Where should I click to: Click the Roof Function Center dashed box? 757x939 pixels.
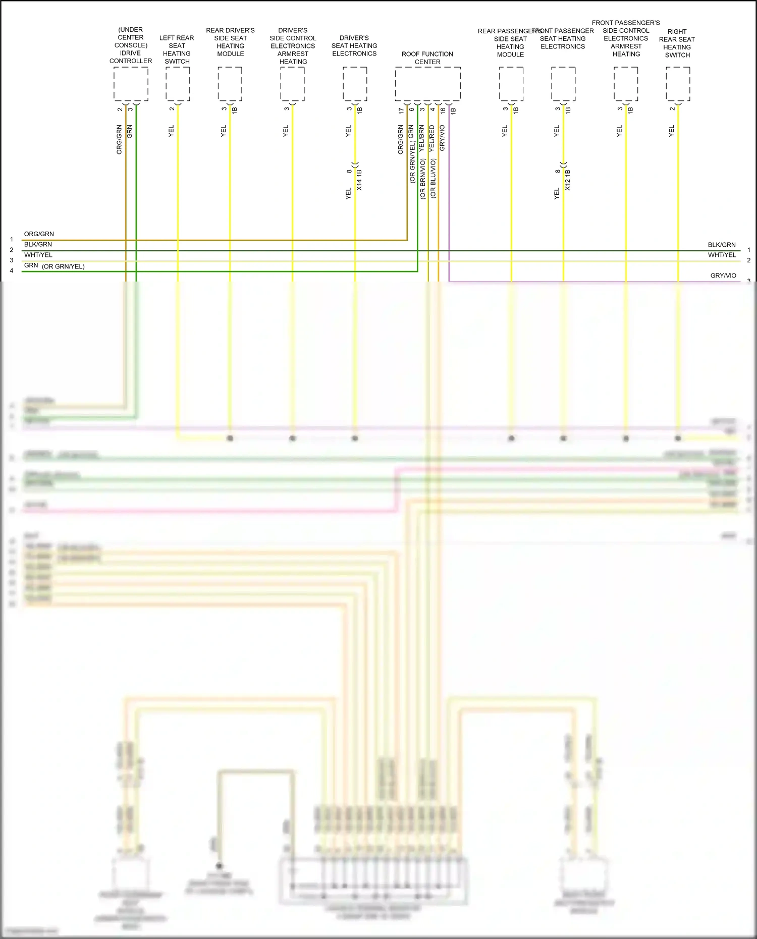[x=427, y=84]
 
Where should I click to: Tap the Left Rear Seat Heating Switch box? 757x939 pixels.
[x=178, y=84]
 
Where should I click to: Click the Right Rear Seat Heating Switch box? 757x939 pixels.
[x=678, y=84]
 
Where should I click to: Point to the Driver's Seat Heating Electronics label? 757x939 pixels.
[x=354, y=45]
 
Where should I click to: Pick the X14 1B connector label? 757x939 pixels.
[x=359, y=180]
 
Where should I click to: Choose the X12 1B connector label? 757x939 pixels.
[x=568, y=180]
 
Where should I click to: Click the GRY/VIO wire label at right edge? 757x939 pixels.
[x=723, y=275]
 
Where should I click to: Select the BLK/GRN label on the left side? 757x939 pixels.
[x=38, y=244]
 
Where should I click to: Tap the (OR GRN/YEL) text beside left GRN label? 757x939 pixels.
[x=63, y=266]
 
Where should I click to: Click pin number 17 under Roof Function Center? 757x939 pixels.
[x=401, y=110]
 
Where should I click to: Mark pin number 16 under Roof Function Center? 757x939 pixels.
[x=443, y=110]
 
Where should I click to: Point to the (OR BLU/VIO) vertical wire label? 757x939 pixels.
[x=433, y=178]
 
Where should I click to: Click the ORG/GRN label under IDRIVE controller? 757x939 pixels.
[x=119, y=139]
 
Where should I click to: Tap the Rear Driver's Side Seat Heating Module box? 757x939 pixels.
[x=230, y=84]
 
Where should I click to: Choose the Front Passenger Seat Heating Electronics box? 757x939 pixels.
[x=563, y=84]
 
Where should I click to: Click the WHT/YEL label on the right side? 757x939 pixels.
[x=722, y=255]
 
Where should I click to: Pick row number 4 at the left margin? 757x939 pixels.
[x=12, y=270]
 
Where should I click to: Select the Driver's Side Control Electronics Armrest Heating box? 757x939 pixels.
[x=292, y=84]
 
